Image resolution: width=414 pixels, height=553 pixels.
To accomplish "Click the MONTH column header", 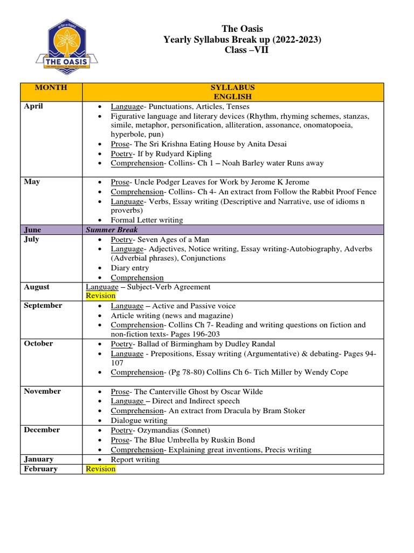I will click(x=51, y=87).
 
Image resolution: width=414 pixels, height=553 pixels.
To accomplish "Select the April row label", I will click(x=33, y=106).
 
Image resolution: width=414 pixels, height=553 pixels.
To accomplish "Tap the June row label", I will click(x=32, y=230).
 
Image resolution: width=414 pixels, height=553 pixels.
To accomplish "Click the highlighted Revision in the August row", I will click(x=101, y=296).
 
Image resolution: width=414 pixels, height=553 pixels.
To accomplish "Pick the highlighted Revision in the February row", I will click(x=101, y=469).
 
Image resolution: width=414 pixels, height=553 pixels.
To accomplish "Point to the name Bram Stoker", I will click(x=284, y=411).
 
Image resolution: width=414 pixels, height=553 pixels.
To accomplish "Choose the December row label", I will click(x=42, y=430).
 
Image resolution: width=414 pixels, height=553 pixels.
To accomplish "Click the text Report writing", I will click(x=135, y=460).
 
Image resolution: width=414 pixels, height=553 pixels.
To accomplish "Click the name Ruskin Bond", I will click(x=232, y=440).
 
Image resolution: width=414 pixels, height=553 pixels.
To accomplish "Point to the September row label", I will click(x=43, y=306).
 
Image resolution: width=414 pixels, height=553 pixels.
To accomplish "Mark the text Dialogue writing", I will click(x=139, y=421).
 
